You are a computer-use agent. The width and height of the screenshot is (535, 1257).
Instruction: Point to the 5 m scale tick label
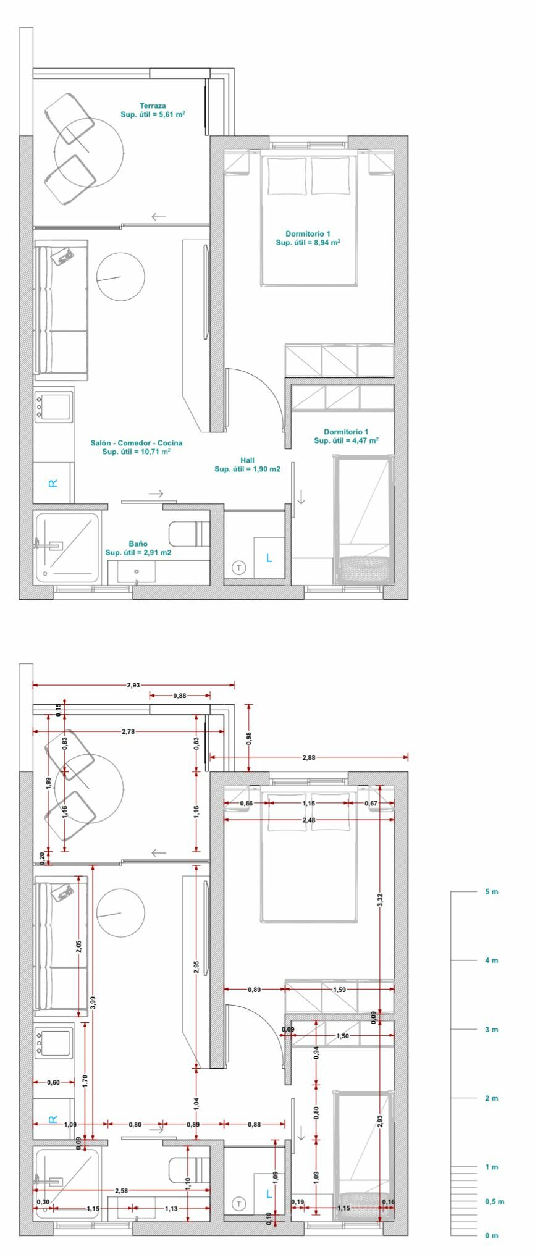[x=492, y=892]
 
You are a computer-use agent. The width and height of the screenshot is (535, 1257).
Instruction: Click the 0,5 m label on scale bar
[x=494, y=1201]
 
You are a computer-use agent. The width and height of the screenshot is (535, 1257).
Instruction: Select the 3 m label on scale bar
[x=492, y=1030]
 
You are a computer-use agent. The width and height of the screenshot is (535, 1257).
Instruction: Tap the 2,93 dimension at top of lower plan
[x=133, y=685]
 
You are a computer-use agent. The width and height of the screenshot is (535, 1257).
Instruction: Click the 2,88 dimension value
[x=308, y=757]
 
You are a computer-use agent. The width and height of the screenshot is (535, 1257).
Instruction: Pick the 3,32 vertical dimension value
[x=381, y=900]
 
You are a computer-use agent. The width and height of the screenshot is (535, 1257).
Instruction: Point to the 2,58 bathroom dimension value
[x=122, y=1190]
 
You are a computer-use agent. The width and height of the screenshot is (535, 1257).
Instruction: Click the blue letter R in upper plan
[x=53, y=483]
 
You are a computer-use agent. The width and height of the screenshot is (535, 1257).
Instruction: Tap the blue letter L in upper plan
[x=268, y=558]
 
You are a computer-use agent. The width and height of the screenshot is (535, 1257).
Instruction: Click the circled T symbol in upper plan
[x=238, y=567]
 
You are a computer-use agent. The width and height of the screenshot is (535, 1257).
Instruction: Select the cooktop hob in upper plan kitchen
[x=54, y=406]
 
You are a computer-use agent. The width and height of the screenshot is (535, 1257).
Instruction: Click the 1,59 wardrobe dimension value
[x=339, y=990]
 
